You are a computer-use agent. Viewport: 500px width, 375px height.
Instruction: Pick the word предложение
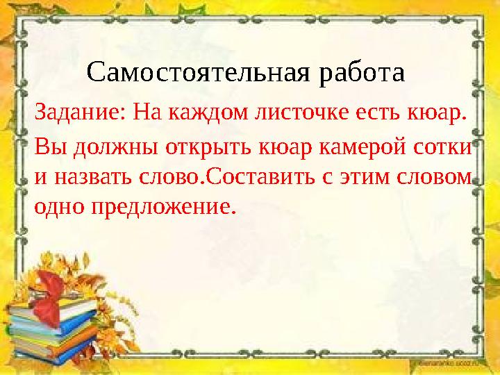(x=163, y=206)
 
